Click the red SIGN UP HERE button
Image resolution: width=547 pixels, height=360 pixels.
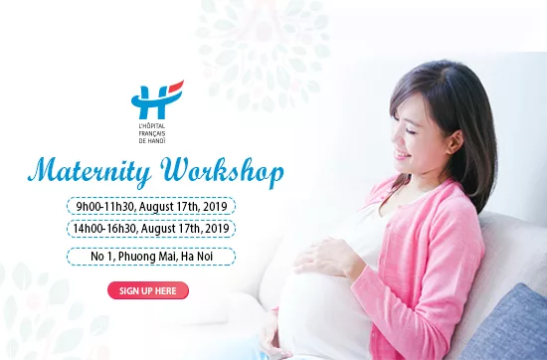point(148,290)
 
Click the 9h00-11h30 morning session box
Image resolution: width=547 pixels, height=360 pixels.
point(151,207)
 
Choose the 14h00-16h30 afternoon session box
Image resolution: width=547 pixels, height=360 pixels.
point(151,228)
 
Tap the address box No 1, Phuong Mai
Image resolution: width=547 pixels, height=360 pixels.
point(151,257)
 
